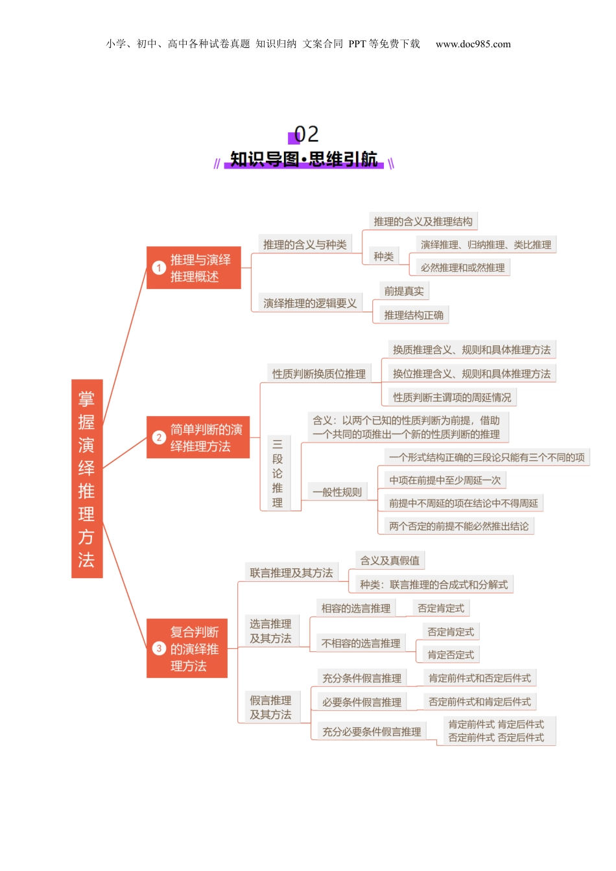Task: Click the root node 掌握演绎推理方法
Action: pyautogui.click(x=87, y=478)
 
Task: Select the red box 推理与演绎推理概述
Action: pyautogui.click(x=194, y=268)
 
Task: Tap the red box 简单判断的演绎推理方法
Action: pyautogui.click(x=198, y=437)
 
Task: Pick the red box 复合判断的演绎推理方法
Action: pyautogui.click(x=187, y=649)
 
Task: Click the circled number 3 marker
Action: pyautogui.click(x=159, y=648)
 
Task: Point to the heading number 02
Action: pyautogui.click(x=306, y=134)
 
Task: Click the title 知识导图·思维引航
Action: pyautogui.click(x=303, y=159)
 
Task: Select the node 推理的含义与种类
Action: pyautogui.click(x=305, y=244)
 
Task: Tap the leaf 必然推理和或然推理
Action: pyautogui.click(x=462, y=268)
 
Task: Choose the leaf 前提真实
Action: pyautogui.click(x=404, y=291)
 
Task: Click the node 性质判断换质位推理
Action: pyautogui.click(x=318, y=374)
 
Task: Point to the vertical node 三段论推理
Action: pyautogui.click(x=278, y=473)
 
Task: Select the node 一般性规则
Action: pyautogui.click(x=337, y=492)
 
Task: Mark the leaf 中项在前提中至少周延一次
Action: pyautogui.click(x=445, y=480)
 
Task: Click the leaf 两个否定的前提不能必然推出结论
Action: pyautogui.click(x=458, y=526)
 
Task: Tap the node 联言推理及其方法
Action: pyautogui.click(x=291, y=573)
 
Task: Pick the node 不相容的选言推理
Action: pyautogui.click(x=361, y=644)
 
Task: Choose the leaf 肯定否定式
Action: pyautogui.click(x=451, y=655)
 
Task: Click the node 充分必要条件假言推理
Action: pyautogui.click(x=372, y=732)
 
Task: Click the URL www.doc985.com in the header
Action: pyautogui.click(x=473, y=44)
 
